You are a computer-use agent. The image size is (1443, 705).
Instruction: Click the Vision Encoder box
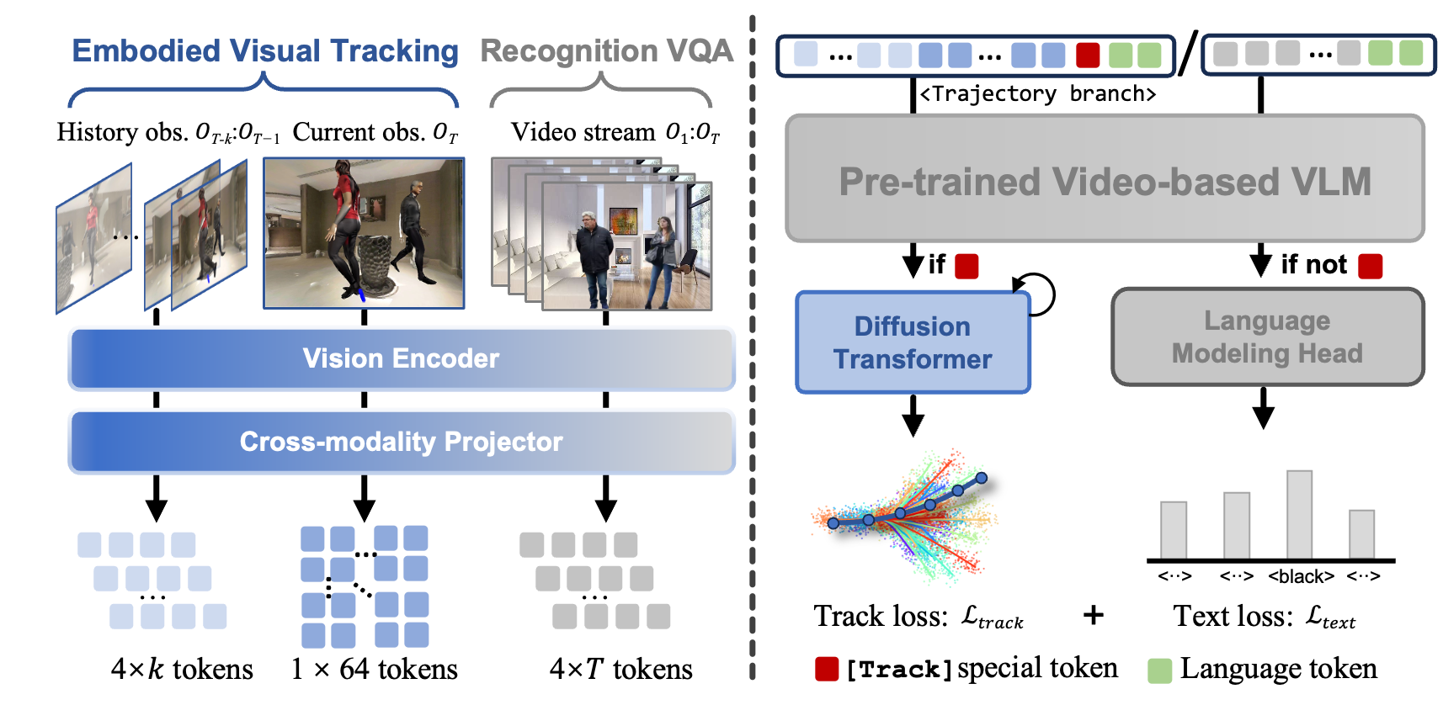[402, 358]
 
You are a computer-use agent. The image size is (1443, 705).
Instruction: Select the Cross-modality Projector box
[402, 442]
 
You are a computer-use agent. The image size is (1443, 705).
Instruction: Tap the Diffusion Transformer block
[913, 342]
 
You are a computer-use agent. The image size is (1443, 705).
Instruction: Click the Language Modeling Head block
[1267, 337]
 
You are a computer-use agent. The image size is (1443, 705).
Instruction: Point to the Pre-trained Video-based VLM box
[1105, 179]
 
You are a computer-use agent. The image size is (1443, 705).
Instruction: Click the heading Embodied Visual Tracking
[264, 51]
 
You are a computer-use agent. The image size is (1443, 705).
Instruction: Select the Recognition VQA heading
[606, 51]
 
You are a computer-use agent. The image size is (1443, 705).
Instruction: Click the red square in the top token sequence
[1088, 56]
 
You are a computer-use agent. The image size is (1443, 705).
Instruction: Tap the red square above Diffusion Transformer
[966, 267]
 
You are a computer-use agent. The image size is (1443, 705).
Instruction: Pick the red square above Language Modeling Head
[1370, 267]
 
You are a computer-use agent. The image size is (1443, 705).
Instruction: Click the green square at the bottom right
[1159, 671]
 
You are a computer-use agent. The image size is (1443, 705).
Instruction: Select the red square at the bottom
[827, 669]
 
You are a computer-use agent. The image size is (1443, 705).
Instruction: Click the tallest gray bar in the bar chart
[1299, 514]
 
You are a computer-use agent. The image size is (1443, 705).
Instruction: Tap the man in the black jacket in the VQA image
[594, 257]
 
